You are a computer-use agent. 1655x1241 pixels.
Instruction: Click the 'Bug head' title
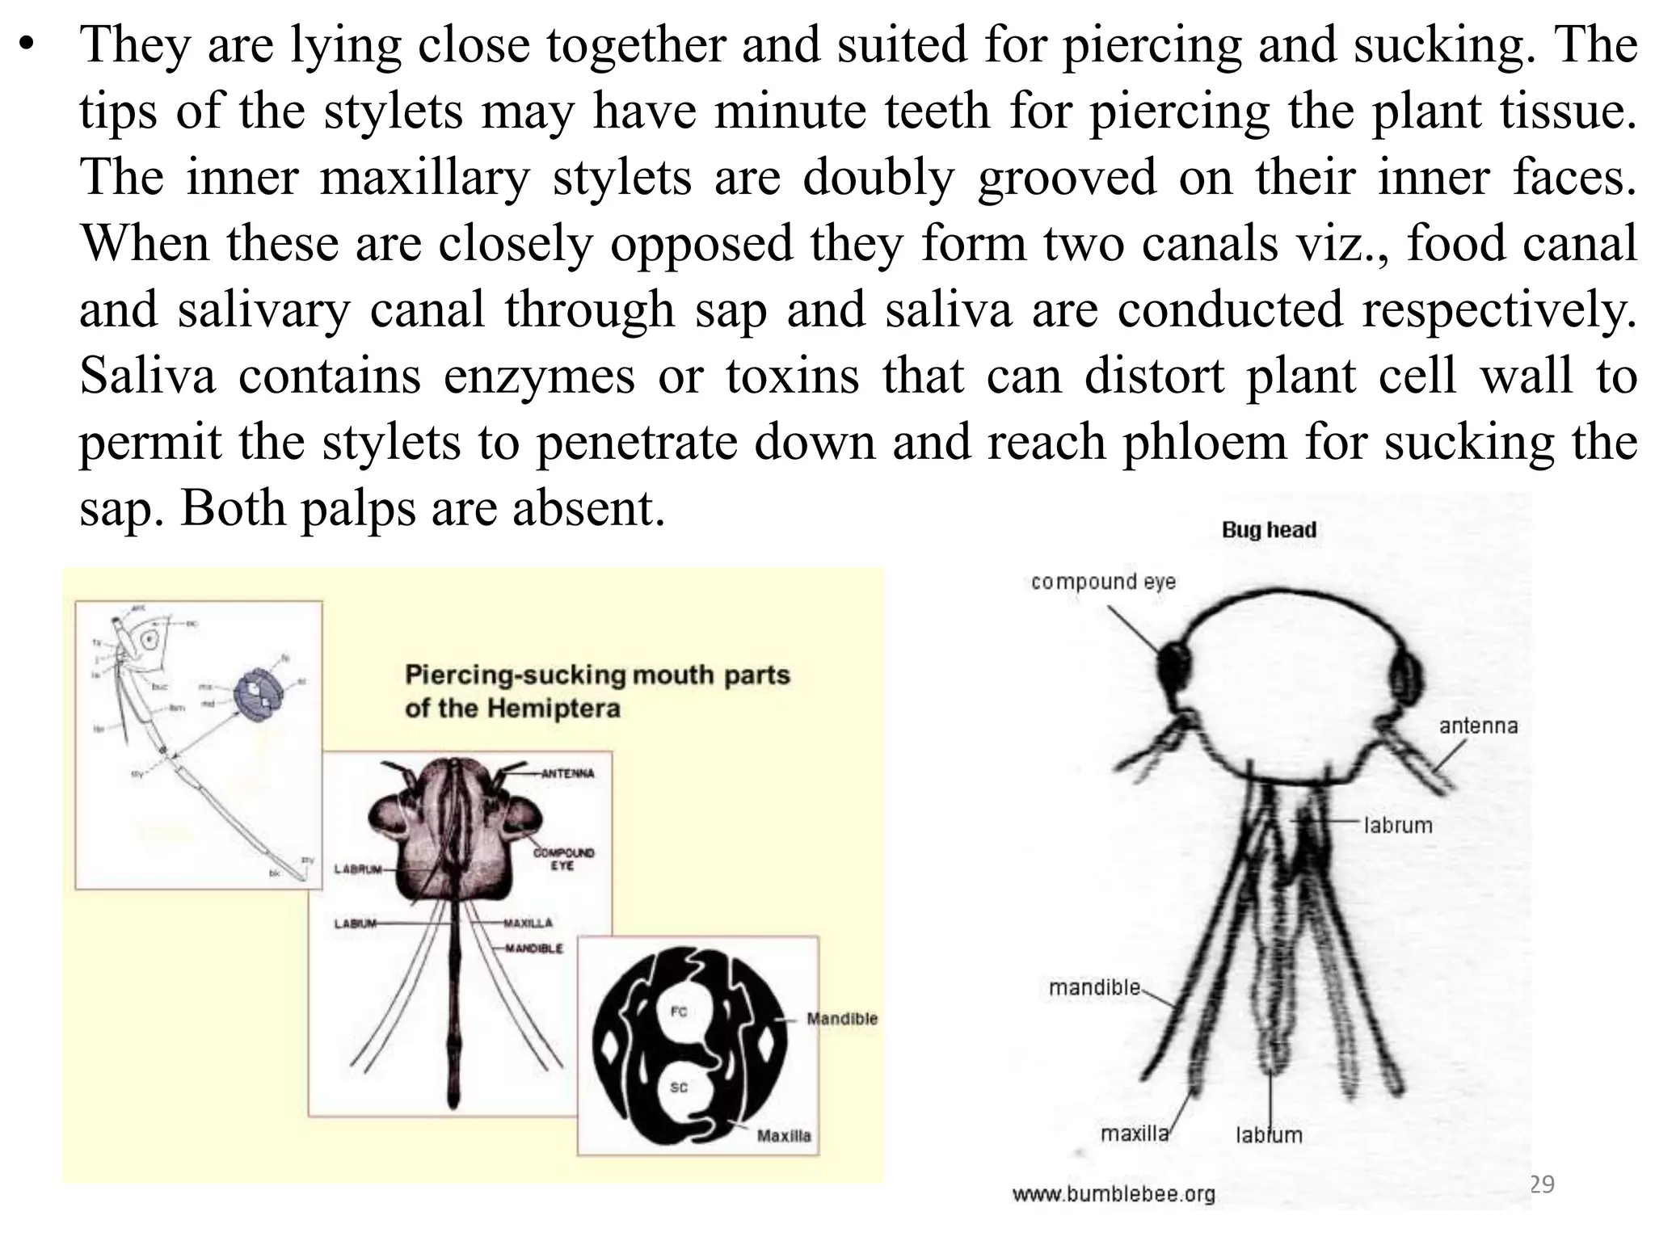[x=1269, y=530]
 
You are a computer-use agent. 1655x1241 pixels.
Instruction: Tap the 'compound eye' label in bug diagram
[x=1103, y=582]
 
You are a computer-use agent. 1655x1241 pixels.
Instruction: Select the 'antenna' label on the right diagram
[x=1478, y=726]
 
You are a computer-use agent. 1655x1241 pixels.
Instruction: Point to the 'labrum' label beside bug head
[x=1398, y=825]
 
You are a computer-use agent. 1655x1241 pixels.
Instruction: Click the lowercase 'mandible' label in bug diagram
[x=1094, y=987]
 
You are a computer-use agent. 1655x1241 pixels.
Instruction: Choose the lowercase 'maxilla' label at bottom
[x=1135, y=1134]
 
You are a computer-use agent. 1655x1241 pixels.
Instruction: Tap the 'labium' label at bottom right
[x=1269, y=1135]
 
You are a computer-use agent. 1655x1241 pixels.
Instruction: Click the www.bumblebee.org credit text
[x=1114, y=1193]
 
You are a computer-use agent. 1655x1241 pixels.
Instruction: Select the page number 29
[x=1542, y=1184]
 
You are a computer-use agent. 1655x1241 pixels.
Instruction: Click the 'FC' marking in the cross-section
[x=679, y=1012]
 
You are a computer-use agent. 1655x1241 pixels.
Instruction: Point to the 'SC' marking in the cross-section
[x=679, y=1087]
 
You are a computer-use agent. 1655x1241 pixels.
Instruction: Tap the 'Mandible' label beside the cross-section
[x=841, y=1019]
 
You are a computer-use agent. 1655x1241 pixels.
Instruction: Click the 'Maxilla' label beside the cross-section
[x=783, y=1136]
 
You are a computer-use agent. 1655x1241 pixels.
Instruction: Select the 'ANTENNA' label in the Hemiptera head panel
[x=567, y=773]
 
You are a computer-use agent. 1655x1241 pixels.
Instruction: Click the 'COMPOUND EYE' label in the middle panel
[x=562, y=859]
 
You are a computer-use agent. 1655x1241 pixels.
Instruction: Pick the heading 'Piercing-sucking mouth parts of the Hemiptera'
[x=596, y=692]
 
